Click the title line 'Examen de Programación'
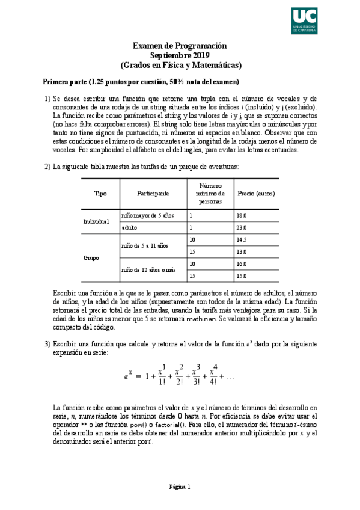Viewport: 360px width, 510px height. pyautogui.click(x=180, y=46)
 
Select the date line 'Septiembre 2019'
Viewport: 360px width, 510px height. pyautogui.click(x=180, y=55)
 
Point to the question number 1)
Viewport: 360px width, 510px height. pyautogui.click(x=47, y=99)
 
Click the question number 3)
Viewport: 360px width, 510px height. pyautogui.click(x=47, y=343)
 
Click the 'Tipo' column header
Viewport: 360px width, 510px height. pyautogui.click(x=100, y=194)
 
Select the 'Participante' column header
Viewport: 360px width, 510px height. pyautogui.click(x=153, y=194)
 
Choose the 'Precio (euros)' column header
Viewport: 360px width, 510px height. pyautogui.click(x=256, y=194)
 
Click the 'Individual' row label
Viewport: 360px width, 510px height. pyautogui.click(x=96, y=221)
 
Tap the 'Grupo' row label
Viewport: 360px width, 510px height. pyautogui.click(x=92, y=257)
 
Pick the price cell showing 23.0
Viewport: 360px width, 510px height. pyautogui.click(x=242, y=228)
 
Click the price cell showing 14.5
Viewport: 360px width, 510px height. pyautogui.click(x=242, y=239)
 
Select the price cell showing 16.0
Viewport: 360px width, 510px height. pyautogui.click(x=242, y=264)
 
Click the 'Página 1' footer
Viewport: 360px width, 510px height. pyautogui.click(x=180, y=487)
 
